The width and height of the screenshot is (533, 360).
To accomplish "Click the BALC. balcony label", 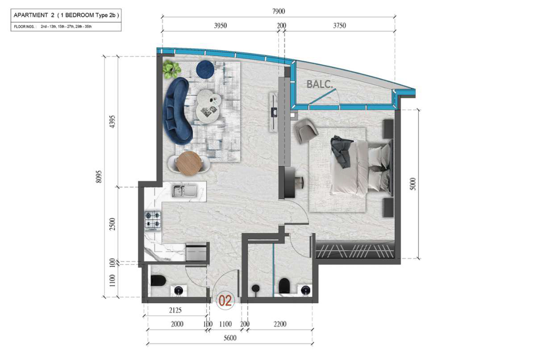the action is tap(320, 84).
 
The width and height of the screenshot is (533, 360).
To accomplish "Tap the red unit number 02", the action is tap(225, 301).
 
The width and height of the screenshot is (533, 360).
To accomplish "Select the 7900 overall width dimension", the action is tap(279, 11).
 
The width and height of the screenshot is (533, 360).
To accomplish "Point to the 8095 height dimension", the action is tap(99, 177).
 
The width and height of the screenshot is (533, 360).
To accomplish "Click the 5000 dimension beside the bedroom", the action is tap(413, 184).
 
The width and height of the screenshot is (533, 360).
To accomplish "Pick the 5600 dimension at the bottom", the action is tap(230, 338).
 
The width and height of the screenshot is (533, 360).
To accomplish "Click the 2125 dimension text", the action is tap(175, 310).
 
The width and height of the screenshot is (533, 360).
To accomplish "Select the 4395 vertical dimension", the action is tap(112, 122).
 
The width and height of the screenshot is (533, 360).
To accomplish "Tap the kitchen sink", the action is tap(184, 191).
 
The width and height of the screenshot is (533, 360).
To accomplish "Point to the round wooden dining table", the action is tap(189, 163).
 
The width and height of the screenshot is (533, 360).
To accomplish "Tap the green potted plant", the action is tap(171, 70).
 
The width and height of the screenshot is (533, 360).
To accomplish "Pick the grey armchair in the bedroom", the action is tap(307, 130).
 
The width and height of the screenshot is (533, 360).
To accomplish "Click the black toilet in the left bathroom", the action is tap(158, 281).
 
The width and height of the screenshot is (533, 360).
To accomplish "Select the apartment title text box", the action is tap(66, 21).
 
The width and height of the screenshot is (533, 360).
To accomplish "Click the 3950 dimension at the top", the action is tap(220, 25).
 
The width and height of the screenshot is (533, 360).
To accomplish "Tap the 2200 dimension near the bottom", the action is tap(280, 324).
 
